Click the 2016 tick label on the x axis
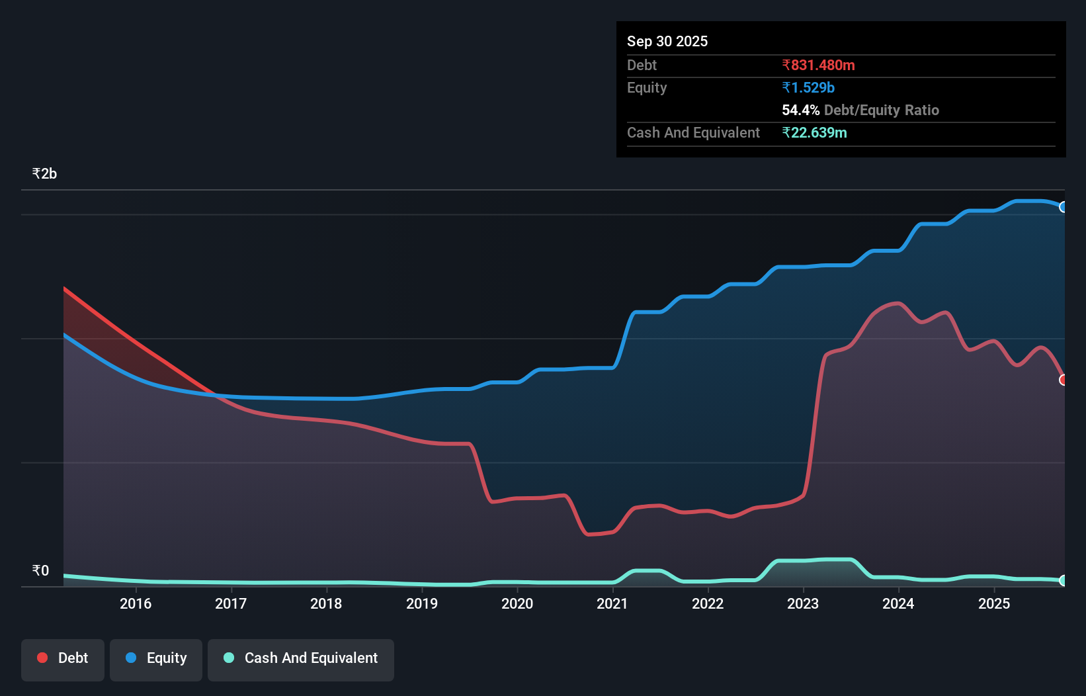click(x=136, y=603)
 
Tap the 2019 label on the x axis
click(x=421, y=603)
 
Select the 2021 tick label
click(x=612, y=603)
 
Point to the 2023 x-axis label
click(x=802, y=603)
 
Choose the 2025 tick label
click(x=993, y=603)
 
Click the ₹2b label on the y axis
click(x=44, y=174)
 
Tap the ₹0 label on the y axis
click(x=40, y=571)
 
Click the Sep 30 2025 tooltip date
click(x=667, y=42)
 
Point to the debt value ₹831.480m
click(x=818, y=65)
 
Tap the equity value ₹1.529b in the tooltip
click(x=808, y=88)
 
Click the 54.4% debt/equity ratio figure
click(x=800, y=110)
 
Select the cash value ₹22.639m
click(x=814, y=133)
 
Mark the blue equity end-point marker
click(x=1063, y=207)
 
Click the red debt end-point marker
click(x=1063, y=380)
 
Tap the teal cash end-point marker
click(x=1063, y=580)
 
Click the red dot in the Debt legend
click(x=42, y=658)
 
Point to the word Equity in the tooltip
click(x=646, y=88)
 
